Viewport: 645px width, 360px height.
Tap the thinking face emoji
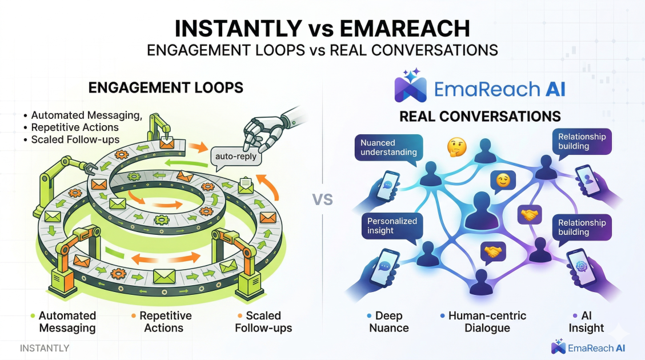click(457, 146)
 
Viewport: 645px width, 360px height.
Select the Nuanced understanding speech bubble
click(388, 147)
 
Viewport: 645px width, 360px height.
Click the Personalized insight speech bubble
click(392, 225)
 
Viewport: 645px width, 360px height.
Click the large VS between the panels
click(323, 200)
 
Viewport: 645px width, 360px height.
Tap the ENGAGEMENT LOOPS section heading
click(166, 87)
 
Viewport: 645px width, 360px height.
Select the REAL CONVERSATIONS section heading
click(480, 117)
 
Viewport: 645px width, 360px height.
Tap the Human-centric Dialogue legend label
click(487, 322)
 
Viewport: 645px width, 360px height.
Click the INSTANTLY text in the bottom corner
click(45, 348)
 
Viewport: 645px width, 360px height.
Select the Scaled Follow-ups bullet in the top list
click(75, 139)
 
